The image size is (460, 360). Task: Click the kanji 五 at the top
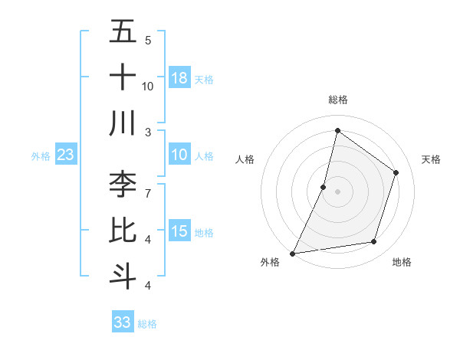click(123, 32)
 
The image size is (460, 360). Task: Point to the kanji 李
click(123, 184)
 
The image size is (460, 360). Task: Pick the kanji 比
click(123, 230)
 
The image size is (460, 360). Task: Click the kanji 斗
click(123, 274)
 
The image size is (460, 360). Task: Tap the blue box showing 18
click(179, 78)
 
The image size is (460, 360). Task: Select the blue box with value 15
click(179, 231)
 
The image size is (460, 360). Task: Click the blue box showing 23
click(65, 155)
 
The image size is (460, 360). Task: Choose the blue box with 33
click(123, 322)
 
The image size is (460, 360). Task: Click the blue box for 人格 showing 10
click(179, 155)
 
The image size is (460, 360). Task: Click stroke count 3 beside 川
click(147, 131)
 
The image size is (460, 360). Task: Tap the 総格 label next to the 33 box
click(147, 324)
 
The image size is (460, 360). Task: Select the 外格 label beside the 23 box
click(41, 156)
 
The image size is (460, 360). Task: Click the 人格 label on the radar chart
click(245, 159)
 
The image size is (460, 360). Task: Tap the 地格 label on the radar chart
click(402, 262)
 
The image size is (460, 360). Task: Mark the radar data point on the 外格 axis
click(292, 253)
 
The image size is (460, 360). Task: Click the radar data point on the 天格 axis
click(396, 172)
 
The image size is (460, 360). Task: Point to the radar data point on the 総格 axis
click(337, 131)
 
